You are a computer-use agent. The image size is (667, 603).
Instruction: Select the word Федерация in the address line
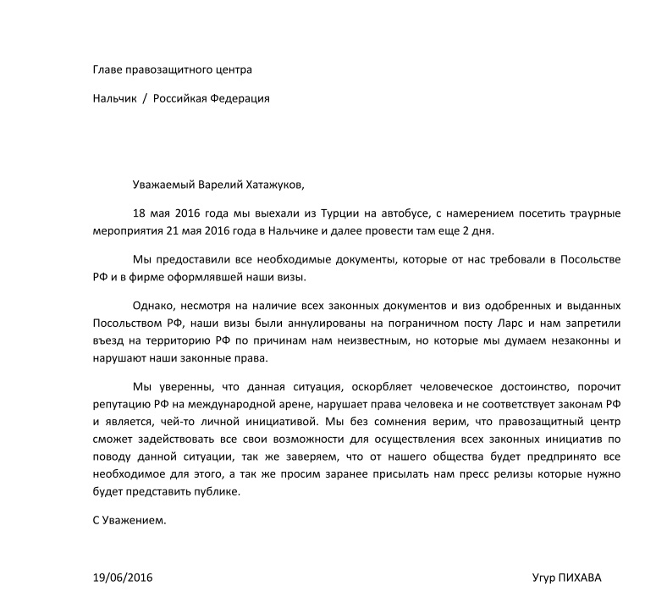tap(240, 98)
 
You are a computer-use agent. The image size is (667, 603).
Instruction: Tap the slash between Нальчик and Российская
tap(145, 98)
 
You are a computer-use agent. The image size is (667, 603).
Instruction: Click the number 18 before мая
tap(141, 212)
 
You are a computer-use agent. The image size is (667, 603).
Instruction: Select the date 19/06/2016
tap(124, 578)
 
